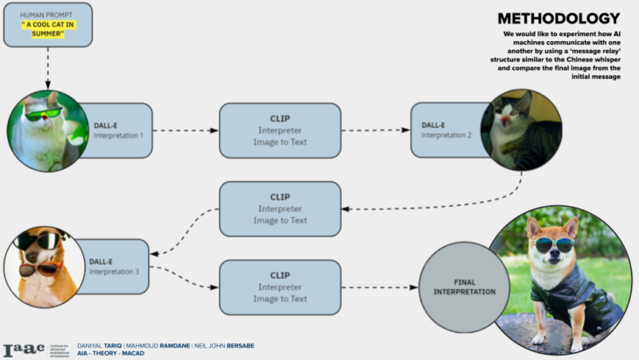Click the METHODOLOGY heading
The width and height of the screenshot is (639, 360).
pyautogui.click(x=558, y=18)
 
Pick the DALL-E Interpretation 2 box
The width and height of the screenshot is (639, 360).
pyautogui.click(x=446, y=131)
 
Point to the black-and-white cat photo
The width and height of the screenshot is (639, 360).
pyautogui.click(x=521, y=130)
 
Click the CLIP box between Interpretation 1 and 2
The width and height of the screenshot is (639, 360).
pyautogui.click(x=279, y=131)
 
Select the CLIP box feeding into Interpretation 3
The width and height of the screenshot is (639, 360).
pyautogui.click(x=279, y=208)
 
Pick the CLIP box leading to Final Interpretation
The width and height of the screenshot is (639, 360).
pyautogui.click(x=279, y=286)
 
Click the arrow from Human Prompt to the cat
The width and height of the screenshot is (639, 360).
pyautogui.click(x=48, y=68)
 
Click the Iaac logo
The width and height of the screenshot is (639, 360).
pyautogui.click(x=24, y=349)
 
